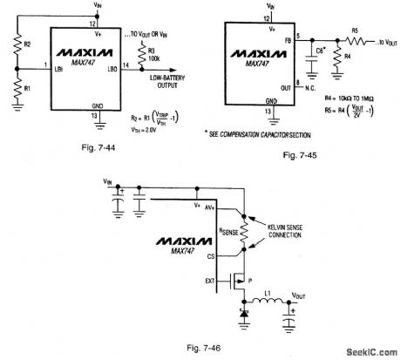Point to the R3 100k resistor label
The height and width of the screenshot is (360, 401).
click(x=162, y=56)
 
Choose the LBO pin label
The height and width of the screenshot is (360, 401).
click(x=112, y=67)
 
